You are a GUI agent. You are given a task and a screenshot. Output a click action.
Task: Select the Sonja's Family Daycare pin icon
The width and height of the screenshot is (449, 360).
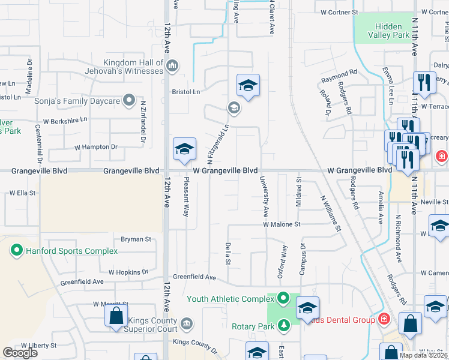[x=128, y=100]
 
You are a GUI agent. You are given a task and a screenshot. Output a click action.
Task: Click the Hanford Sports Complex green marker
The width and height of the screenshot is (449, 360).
[x=16, y=250]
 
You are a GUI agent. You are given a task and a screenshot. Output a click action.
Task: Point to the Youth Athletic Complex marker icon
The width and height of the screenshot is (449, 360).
[x=283, y=298]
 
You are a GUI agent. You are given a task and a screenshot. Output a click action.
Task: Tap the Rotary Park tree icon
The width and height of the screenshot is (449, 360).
[x=283, y=326]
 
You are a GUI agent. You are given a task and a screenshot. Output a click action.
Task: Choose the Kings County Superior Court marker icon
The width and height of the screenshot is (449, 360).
[x=187, y=324]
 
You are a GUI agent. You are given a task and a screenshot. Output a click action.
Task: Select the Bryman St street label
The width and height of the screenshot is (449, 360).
[x=136, y=239]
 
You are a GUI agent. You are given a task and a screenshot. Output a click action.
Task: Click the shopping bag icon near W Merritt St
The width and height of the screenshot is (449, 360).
[x=116, y=316]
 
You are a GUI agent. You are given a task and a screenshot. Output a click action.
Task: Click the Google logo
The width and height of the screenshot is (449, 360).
[x=20, y=353]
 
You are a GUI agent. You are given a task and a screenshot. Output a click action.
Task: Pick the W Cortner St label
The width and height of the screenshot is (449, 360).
[x=339, y=12]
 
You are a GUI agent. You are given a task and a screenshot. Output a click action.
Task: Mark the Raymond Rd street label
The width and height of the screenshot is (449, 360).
[x=339, y=77]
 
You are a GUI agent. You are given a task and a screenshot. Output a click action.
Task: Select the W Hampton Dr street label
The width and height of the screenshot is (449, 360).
[x=92, y=147]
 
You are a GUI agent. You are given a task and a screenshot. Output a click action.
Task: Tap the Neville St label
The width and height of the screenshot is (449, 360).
[x=434, y=203]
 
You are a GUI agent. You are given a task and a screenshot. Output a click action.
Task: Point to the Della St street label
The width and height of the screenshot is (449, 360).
[x=228, y=254]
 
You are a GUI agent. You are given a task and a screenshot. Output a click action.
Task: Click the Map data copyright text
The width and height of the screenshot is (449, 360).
[x=423, y=355]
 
